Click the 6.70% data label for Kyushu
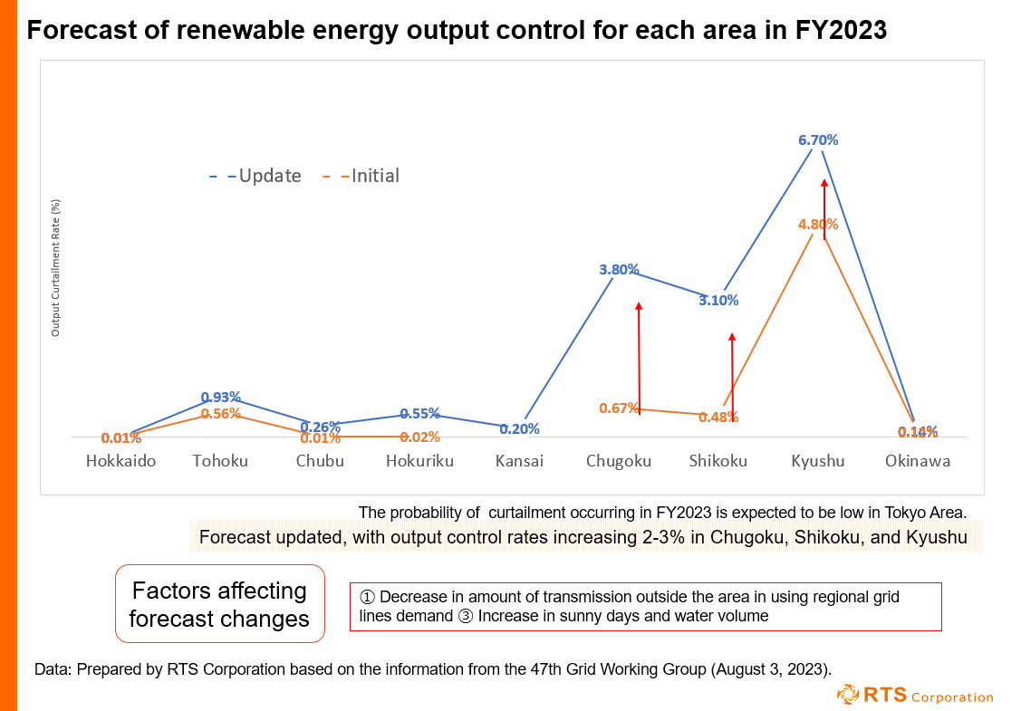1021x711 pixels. click(x=817, y=140)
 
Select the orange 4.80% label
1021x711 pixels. click(x=817, y=224)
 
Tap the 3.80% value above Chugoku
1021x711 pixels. click(x=619, y=269)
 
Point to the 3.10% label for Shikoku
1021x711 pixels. click(x=718, y=300)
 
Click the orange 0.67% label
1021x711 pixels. click(x=619, y=408)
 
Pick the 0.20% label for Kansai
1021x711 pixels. click(x=519, y=428)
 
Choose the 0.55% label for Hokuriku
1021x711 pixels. click(x=419, y=413)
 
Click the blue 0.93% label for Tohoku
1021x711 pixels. click(x=220, y=397)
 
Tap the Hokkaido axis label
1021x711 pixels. click(x=120, y=461)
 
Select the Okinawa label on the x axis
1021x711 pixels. click(x=918, y=461)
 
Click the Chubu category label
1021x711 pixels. click(x=320, y=461)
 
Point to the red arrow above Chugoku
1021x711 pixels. click(x=639, y=358)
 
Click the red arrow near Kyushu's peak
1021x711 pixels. click(x=824, y=208)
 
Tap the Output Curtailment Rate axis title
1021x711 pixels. click(x=55, y=268)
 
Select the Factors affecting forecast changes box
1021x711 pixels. click(x=219, y=604)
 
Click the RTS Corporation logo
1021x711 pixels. click(x=914, y=696)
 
